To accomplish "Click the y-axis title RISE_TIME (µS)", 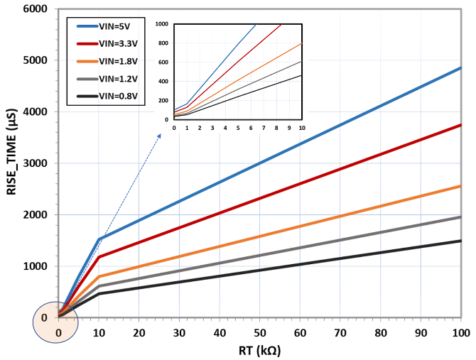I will [12, 163].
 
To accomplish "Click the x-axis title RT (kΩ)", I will [259, 351].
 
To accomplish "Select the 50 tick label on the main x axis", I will [260, 332].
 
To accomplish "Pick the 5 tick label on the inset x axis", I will [238, 128].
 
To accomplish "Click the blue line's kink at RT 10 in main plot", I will [99, 239].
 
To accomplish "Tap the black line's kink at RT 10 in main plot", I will [99, 293].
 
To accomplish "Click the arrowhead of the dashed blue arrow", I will [161, 132].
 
